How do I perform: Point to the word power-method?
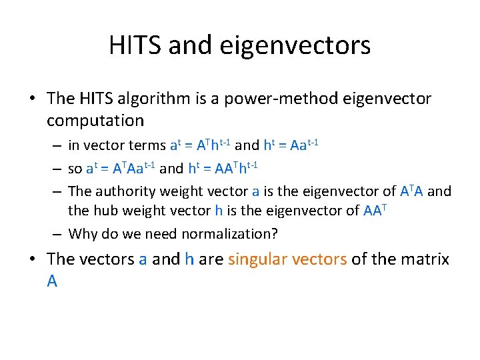click(281, 99)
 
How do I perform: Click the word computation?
click(95, 121)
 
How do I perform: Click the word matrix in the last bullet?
click(426, 259)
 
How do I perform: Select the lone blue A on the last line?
click(52, 281)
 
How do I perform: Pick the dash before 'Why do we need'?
click(59, 234)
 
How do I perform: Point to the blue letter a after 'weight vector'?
click(255, 191)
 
